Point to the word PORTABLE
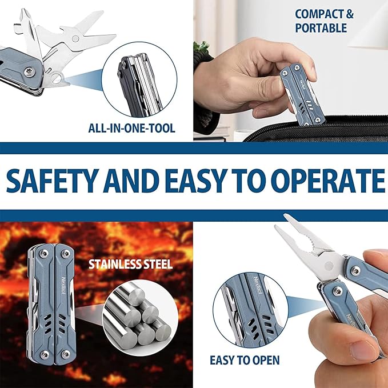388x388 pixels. pos(321,28)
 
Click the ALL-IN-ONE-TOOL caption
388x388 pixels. pos(131,128)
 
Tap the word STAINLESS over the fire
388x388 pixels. pos(115,264)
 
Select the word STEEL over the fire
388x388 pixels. pos(158,264)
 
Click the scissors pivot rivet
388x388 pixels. pos(75,38)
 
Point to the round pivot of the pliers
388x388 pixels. pos(329,266)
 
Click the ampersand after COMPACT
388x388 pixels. pos(350,14)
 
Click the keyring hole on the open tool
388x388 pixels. pos(57,78)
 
